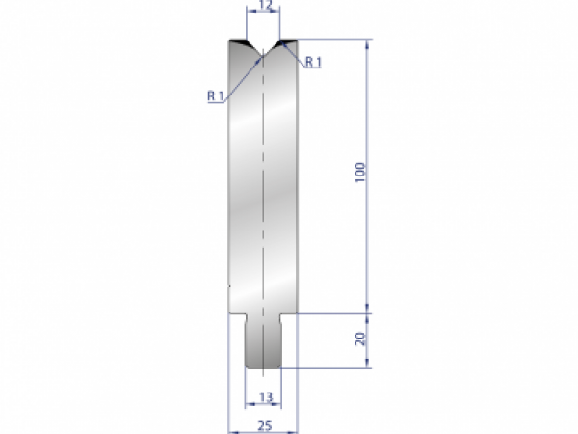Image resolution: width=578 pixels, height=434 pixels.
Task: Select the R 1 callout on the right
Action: click(x=312, y=63)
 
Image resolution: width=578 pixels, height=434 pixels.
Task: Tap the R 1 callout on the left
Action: click(x=215, y=95)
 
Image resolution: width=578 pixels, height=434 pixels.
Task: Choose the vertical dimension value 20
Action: click(x=359, y=340)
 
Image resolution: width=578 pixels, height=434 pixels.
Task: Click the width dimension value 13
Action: click(x=264, y=396)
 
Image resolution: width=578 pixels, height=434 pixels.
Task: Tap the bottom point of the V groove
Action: click(x=263, y=55)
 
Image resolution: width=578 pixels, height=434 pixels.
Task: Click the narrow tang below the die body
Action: click(x=263, y=342)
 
